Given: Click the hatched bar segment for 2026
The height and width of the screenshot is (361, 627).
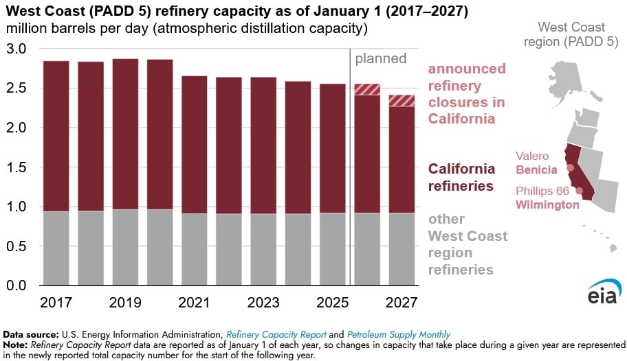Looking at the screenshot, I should (367, 89).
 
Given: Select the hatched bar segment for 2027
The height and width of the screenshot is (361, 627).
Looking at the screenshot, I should (401, 100).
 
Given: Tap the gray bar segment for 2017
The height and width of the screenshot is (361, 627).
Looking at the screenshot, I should (56, 248).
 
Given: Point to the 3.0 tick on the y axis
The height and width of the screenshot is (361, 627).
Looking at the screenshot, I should (16, 49).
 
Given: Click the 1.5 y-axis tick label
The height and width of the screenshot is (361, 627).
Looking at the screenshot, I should (16, 167).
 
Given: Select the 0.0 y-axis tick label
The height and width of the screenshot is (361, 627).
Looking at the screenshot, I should (16, 286).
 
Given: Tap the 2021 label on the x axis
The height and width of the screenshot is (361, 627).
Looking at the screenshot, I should (194, 302).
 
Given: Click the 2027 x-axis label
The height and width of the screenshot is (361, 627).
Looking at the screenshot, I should (401, 302).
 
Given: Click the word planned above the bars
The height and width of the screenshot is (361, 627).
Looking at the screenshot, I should (381, 58).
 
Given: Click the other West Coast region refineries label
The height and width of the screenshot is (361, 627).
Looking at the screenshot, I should (467, 244).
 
